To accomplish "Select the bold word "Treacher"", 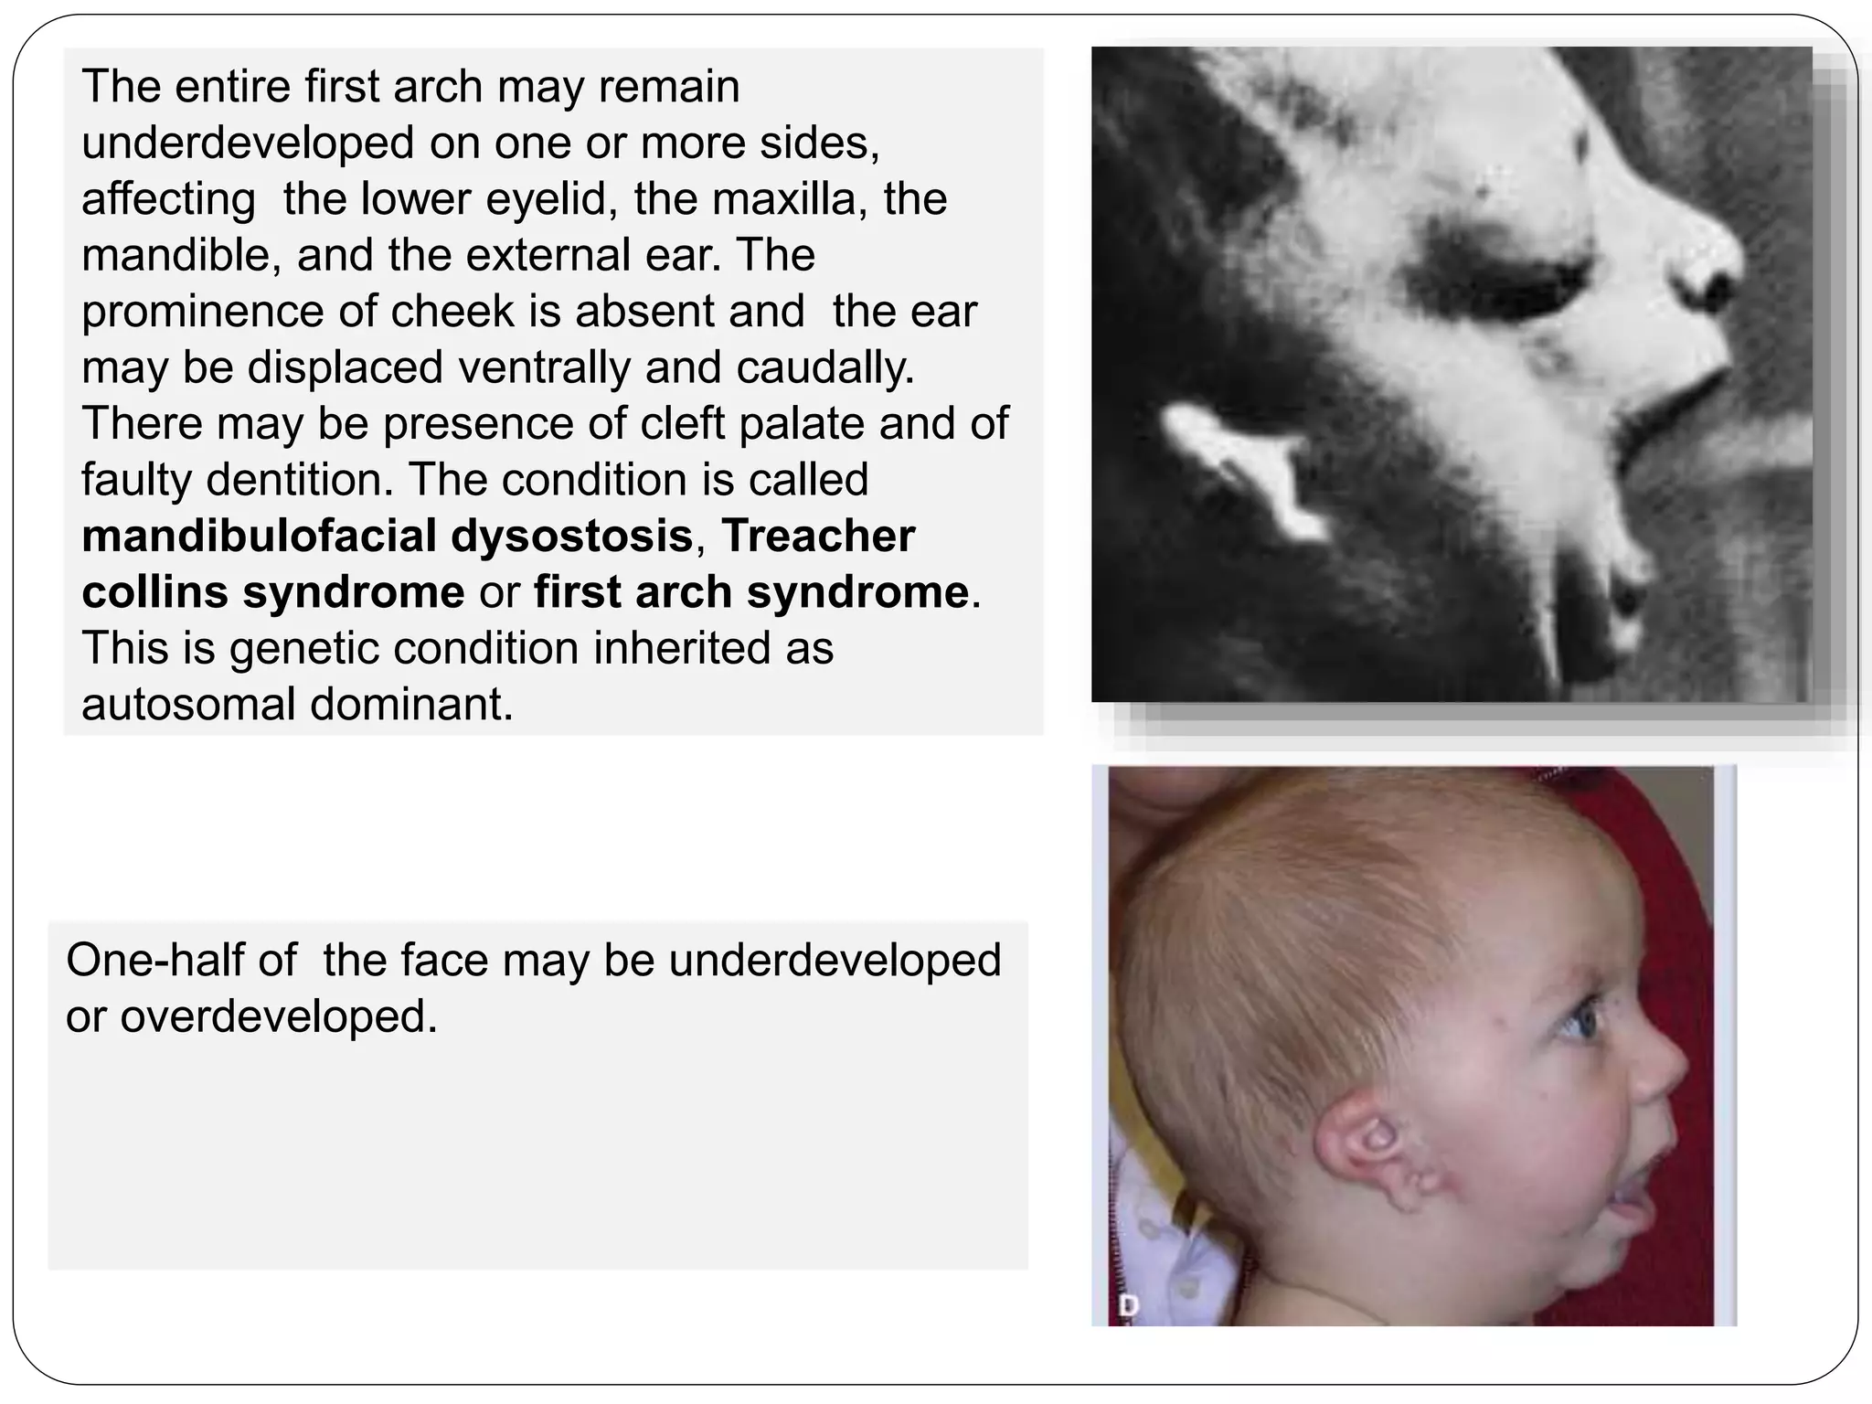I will (x=817, y=537).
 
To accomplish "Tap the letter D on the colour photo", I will (x=1129, y=1306).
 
